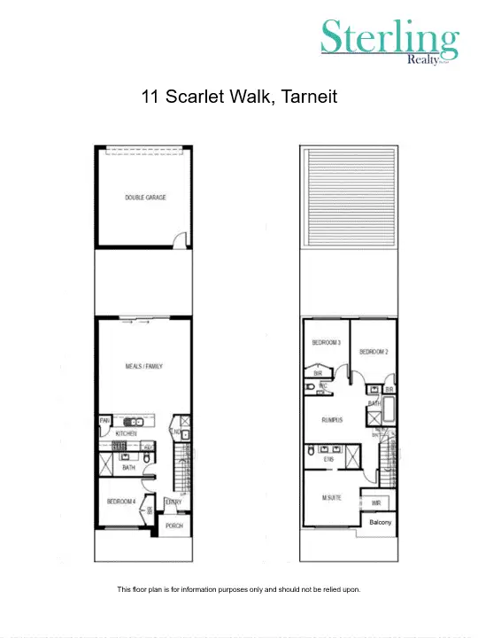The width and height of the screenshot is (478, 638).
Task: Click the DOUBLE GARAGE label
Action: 145,198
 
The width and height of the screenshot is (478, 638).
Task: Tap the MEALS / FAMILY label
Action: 144,366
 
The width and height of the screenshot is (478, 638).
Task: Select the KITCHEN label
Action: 126,433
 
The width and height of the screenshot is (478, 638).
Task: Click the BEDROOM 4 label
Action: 120,502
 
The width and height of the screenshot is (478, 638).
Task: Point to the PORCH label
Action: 174,525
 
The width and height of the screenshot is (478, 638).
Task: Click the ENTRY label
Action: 173,502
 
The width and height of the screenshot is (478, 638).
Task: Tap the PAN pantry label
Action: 104,421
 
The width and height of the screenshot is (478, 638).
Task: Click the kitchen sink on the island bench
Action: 135,422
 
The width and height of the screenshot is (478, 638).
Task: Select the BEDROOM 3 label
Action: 327,343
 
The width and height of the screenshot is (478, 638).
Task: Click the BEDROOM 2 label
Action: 373,352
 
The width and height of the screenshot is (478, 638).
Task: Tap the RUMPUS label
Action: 332,420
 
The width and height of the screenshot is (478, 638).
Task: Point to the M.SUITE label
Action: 331,499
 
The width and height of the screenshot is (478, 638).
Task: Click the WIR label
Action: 376,502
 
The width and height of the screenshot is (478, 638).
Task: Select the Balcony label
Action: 380,523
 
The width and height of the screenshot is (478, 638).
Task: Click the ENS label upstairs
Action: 328,460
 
